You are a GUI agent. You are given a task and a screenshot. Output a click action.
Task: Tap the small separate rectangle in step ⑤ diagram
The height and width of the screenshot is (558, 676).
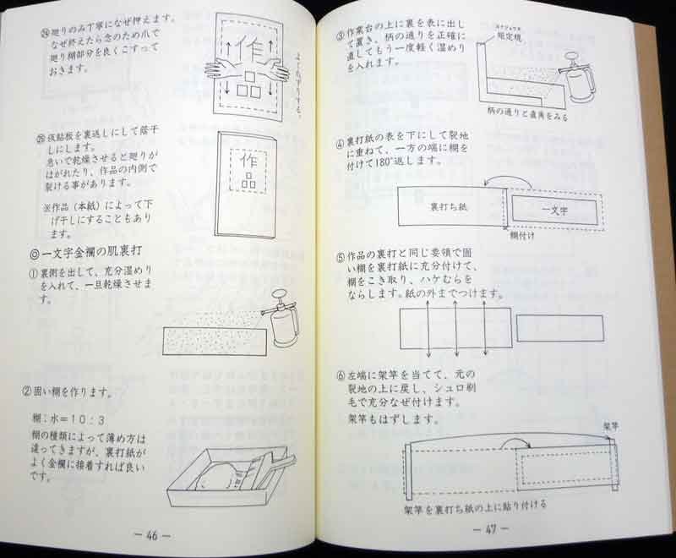pyautogui.click(x=559, y=328)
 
